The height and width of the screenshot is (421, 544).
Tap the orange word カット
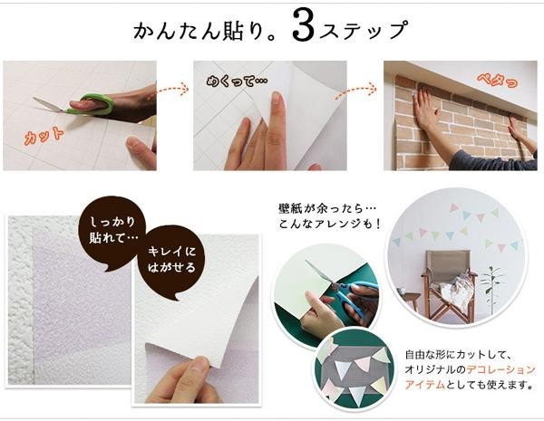(x=44, y=136)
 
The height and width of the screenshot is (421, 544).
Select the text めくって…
(x=238, y=81)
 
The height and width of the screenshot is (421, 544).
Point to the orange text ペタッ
(x=497, y=81)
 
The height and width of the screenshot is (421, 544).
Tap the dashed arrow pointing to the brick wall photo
(x=356, y=91)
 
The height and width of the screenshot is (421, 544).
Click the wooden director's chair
(x=449, y=283)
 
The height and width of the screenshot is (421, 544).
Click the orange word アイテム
(x=425, y=384)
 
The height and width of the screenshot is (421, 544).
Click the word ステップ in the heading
(x=363, y=31)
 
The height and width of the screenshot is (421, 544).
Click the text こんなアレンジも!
(x=330, y=225)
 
